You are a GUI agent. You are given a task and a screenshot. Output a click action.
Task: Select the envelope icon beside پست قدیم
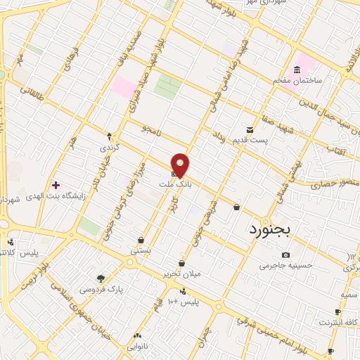[250, 129]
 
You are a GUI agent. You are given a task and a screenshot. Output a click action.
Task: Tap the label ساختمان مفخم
[297, 80]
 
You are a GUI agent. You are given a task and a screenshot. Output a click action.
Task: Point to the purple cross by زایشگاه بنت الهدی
[56, 186]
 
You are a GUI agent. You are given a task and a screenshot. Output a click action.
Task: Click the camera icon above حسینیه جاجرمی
[285, 255]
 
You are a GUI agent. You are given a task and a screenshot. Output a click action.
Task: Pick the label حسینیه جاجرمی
[285, 265]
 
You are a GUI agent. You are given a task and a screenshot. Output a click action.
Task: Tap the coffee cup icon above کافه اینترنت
[337, 311]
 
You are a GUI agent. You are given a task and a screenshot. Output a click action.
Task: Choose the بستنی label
[140, 250]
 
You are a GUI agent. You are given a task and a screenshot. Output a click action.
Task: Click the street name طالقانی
[32, 91]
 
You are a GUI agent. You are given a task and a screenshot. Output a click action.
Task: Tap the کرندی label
[110, 148]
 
